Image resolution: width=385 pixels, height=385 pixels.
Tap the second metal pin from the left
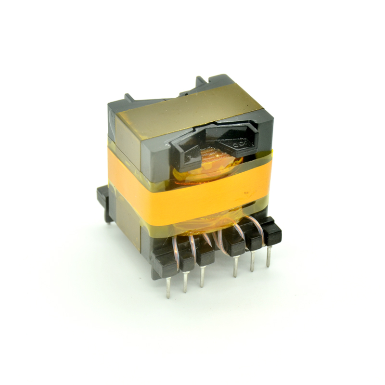point(185,282)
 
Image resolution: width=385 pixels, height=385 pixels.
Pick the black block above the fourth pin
point(235,245)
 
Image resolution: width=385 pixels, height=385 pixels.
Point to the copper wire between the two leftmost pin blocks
point(176,245)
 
